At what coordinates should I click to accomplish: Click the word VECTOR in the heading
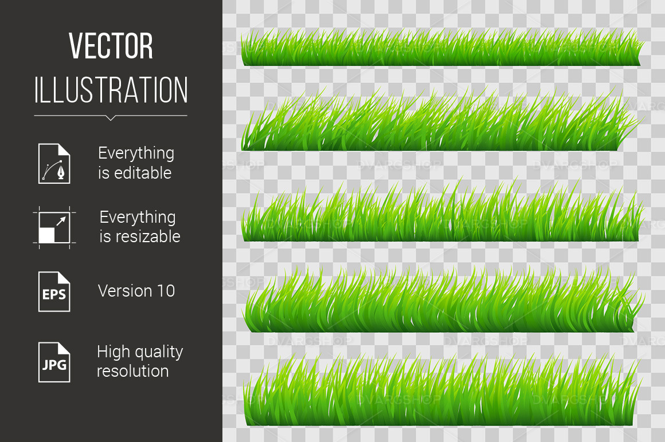click(x=111, y=46)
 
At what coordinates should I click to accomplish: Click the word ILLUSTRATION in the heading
click(x=111, y=90)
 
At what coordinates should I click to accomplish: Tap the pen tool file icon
click(x=54, y=164)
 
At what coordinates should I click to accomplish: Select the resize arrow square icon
click(x=54, y=227)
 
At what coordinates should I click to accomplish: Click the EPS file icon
click(x=54, y=291)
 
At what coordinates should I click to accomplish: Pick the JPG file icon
click(x=54, y=362)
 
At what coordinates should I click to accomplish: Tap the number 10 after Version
click(x=165, y=291)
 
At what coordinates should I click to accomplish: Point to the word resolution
click(x=132, y=371)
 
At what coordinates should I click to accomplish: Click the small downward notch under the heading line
click(x=111, y=118)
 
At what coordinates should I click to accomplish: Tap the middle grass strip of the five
click(x=441, y=218)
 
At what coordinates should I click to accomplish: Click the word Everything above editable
click(x=136, y=153)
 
